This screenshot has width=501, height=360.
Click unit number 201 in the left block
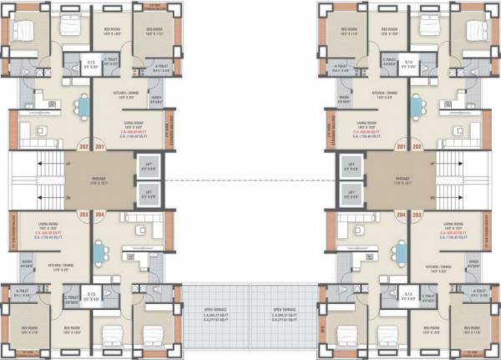[x=100, y=147]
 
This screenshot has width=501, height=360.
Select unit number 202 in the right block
[x=416, y=147]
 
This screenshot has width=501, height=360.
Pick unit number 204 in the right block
[x=401, y=214]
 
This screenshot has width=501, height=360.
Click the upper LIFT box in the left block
[x=151, y=166]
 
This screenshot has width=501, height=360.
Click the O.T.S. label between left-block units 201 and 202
[x=93, y=63]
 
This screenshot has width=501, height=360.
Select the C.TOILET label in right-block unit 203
[x=427, y=296]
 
